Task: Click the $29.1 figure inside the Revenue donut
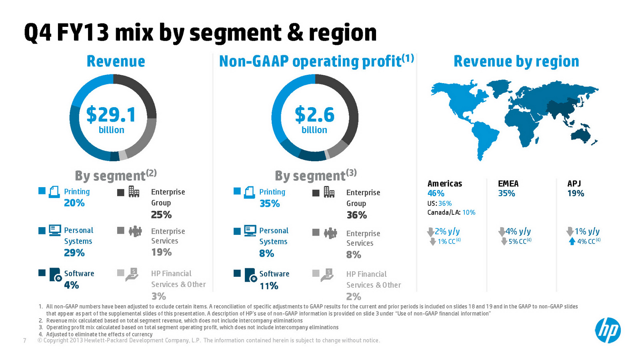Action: tap(111, 115)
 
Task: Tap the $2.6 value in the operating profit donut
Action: tap(314, 115)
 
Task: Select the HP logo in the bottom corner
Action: tap(608, 331)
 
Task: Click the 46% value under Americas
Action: tap(436, 193)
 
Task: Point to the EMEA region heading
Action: tap(508, 184)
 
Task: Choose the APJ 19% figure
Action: tap(576, 193)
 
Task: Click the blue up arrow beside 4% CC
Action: tap(572, 241)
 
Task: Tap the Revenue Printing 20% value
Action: tap(74, 203)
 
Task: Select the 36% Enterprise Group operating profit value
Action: tap(356, 215)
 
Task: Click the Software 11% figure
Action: tap(269, 286)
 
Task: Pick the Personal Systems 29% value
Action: tap(74, 253)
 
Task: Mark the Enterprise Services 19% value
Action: tap(161, 252)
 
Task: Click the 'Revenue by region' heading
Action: tap(516, 62)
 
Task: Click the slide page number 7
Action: tap(25, 340)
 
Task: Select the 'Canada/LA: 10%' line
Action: tap(451, 212)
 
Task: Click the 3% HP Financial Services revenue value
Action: tap(158, 296)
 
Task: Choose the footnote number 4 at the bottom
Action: tap(40, 334)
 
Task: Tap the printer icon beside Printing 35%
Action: tap(250, 192)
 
